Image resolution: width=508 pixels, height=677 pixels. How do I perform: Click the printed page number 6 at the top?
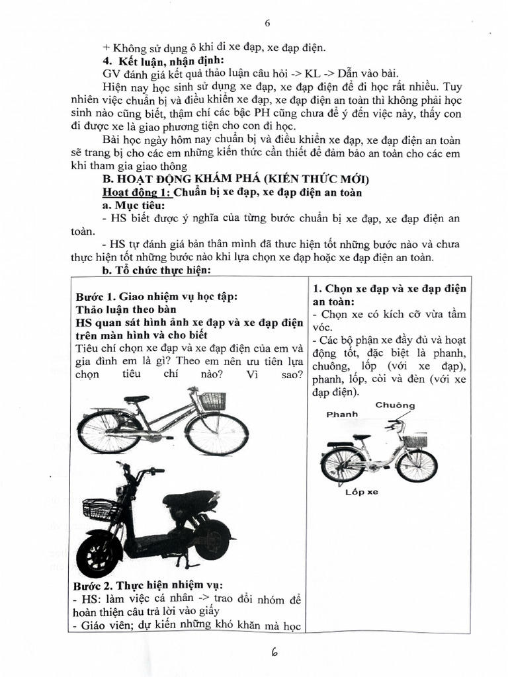click(268, 23)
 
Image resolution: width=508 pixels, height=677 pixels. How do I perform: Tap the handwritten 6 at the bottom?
click(273, 652)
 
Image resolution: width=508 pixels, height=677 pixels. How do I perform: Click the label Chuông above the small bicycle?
click(395, 405)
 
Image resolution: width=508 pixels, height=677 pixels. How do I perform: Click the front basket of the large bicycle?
click(212, 401)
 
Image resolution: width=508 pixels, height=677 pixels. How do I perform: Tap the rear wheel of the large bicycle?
click(109, 432)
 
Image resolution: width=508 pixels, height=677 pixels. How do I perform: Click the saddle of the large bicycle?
click(137, 399)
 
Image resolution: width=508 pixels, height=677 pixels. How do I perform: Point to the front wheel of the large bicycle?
click(217, 434)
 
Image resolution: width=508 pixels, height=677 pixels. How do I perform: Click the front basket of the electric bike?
click(101, 510)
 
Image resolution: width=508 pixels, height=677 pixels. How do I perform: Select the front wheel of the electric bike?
click(99, 553)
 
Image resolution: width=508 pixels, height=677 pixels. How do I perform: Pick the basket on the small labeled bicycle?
click(415, 440)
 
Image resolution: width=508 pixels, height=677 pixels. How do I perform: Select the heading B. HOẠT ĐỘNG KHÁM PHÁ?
click(232, 179)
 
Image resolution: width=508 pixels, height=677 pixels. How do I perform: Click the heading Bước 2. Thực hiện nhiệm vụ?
click(149, 586)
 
